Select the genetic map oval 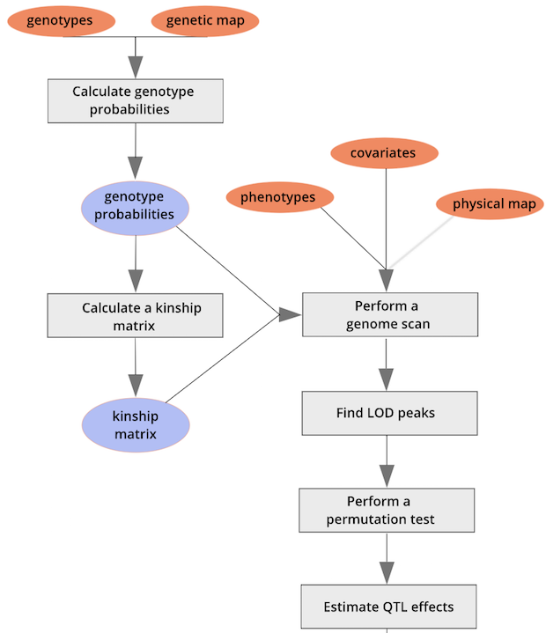205,21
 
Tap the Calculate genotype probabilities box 135,100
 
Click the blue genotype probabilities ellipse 135,207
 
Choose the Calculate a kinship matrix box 135,316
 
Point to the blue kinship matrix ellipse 135,426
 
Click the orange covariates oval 384,153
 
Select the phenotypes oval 279,197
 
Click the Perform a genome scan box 389,315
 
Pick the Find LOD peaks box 389,413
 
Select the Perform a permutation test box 387,511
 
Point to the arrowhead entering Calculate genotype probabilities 135,67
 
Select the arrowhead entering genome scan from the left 290,314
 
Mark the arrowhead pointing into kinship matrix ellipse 135,385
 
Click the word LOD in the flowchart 394,413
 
